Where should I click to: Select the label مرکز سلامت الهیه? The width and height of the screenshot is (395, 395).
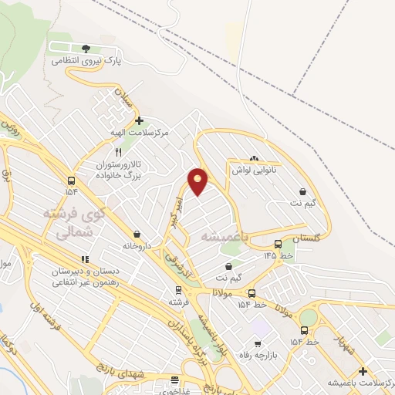pyautogui.click(x=140, y=133)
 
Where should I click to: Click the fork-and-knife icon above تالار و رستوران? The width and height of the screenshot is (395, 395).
pyautogui.click(x=118, y=153)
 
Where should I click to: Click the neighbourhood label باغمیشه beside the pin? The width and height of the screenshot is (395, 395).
pyautogui.click(x=224, y=235)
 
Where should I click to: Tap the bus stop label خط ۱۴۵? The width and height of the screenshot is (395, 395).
pyautogui.click(x=278, y=255)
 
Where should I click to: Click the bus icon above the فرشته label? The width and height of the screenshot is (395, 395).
pyautogui.click(x=178, y=290)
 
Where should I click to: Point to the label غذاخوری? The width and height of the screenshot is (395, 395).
pyautogui.click(x=174, y=390)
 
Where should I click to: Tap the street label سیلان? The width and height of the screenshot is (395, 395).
pyautogui.click(x=124, y=101)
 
